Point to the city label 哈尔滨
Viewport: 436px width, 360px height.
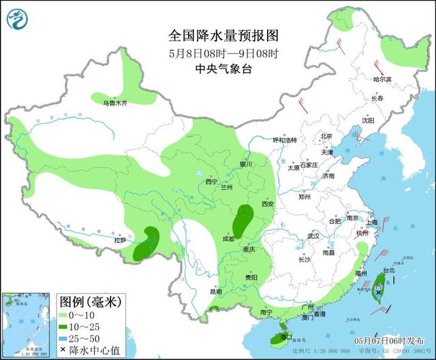click(x=383, y=80)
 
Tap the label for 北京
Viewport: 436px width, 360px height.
click(x=328, y=137)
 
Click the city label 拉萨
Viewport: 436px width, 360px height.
click(x=121, y=240)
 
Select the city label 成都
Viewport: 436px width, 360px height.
click(x=228, y=239)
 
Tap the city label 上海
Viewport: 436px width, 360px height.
click(x=371, y=222)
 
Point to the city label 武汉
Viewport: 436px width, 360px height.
click(x=313, y=235)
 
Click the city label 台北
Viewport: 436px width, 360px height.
click(x=389, y=270)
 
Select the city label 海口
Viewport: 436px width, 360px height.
click(x=286, y=336)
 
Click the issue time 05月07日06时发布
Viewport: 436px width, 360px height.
click(x=389, y=340)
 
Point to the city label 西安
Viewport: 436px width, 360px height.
click(x=267, y=204)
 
